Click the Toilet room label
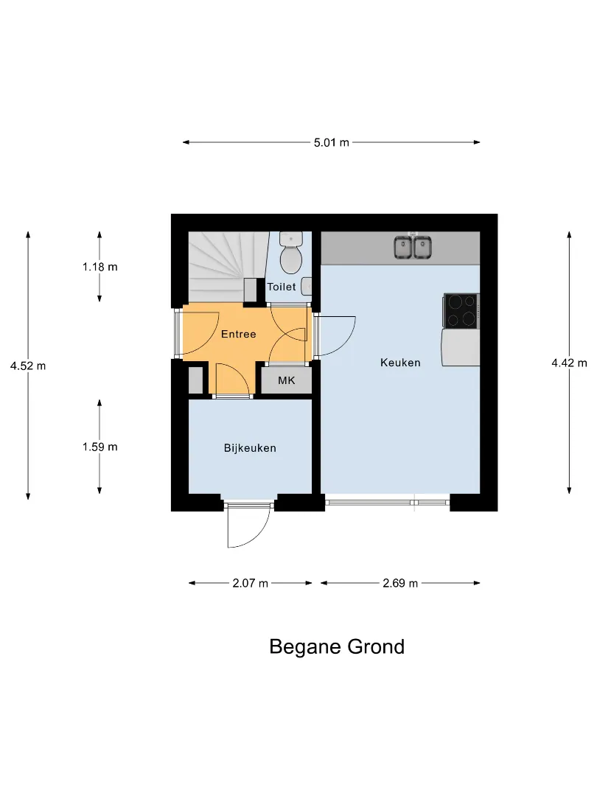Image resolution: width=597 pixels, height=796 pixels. pos(282,287)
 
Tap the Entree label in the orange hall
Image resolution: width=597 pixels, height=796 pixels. pos(238,334)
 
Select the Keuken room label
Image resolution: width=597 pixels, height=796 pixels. pos(400,363)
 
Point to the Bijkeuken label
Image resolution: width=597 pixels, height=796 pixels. pos(250,448)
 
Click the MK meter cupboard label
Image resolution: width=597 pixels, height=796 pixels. pos(286,380)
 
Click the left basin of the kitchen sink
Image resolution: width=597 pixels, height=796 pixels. pos(404,248)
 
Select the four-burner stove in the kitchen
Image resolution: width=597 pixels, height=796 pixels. pos(461,311)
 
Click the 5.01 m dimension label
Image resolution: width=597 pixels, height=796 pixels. pos(332,143)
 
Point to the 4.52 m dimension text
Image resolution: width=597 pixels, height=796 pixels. pos(28,366)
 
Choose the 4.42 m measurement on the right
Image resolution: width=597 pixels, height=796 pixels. pos(569,363)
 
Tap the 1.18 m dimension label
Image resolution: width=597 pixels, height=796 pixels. pos(100,267)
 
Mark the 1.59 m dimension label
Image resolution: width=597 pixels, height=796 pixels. pos(100,447)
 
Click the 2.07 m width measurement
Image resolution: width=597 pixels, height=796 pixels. pos(251,583)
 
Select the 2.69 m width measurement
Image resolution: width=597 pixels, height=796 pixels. pos(400,583)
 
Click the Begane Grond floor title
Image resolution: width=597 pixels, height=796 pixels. pos(337,647)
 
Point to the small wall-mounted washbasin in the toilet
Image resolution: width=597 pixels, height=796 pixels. pos(307,286)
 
